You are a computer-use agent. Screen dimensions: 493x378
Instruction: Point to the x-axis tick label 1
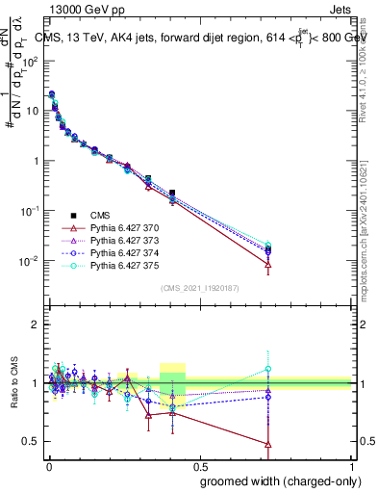(351, 464)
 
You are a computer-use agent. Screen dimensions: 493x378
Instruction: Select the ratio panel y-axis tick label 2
(35, 324)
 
